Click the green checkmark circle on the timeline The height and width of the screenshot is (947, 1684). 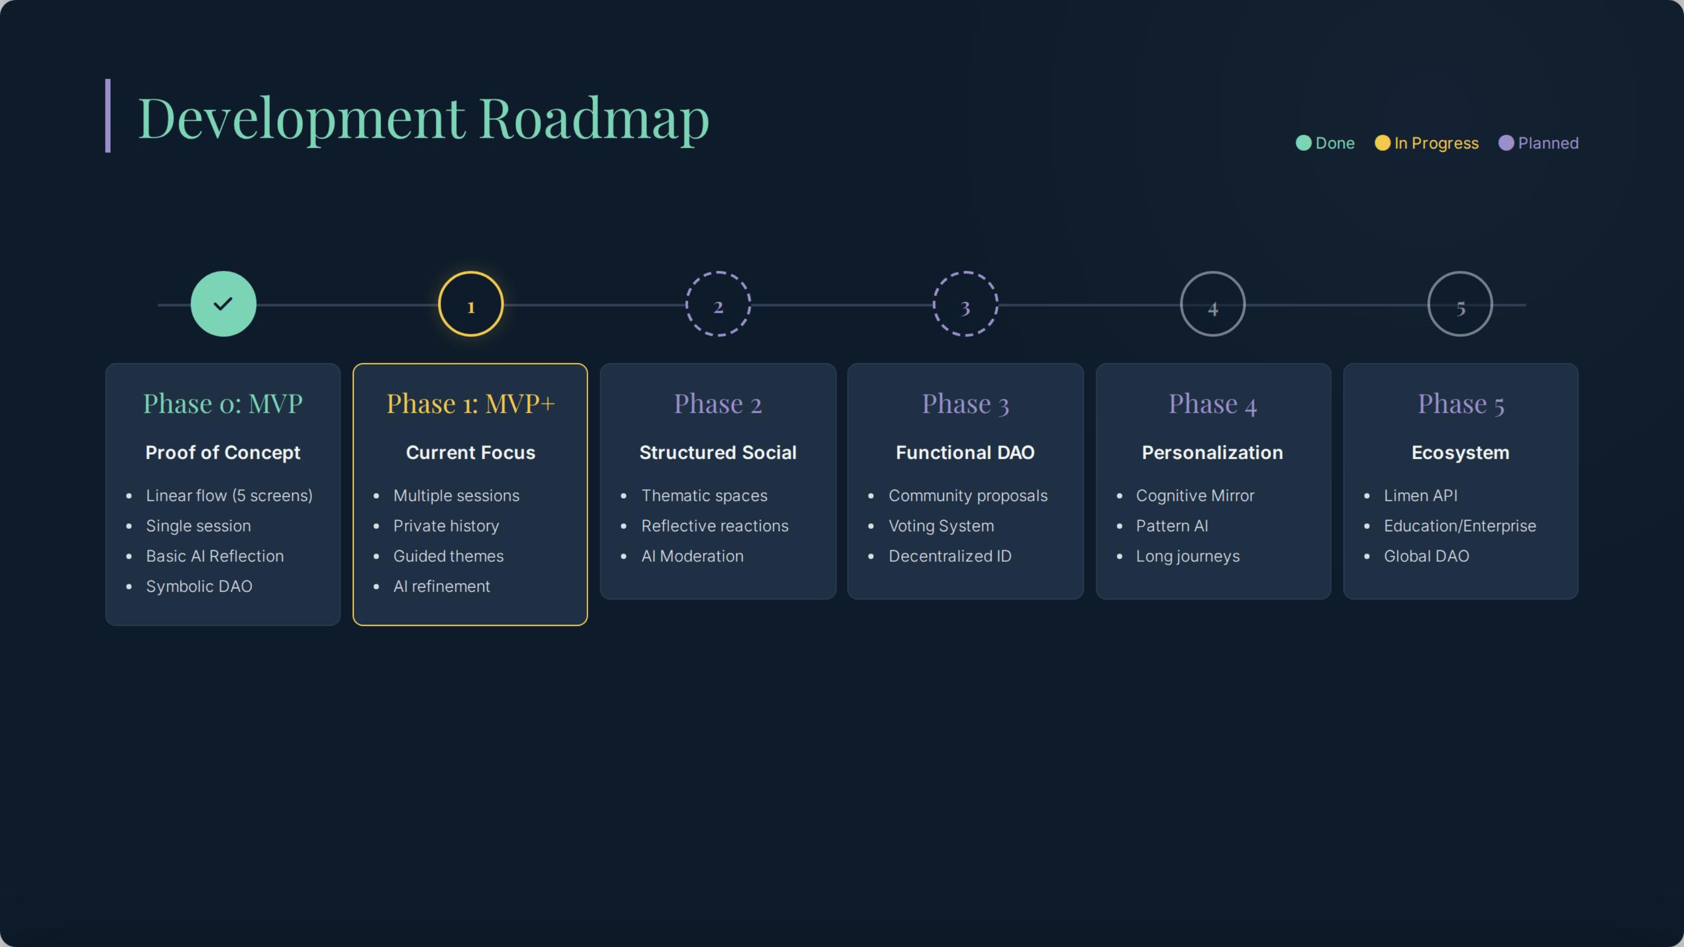click(x=223, y=304)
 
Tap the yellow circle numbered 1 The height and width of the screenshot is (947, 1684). click(x=471, y=304)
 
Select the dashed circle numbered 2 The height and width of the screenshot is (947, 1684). click(x=718, y=304)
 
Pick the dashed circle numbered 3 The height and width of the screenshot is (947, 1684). click(x=965, y=304)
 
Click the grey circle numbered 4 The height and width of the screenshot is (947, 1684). click(x=1213, y=304)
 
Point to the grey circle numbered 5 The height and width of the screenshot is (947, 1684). click(x=1460, y=304)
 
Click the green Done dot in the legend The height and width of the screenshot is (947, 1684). click(x=1304, y=143)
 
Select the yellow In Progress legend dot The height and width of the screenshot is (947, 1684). click(x=1382, y=143)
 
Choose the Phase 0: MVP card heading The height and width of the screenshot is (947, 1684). click(x=223, y=403)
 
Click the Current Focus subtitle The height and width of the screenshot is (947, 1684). click(x=471, y=452)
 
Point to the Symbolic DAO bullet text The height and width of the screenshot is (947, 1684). click(x=199, y=586)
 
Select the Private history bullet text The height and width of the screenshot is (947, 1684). click(x=446, y=526)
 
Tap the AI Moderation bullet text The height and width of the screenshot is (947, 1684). click(x=692, y=556)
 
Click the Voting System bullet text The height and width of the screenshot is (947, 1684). click(x=941, y=526)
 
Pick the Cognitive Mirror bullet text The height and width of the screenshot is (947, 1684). click(x=1195, y=496)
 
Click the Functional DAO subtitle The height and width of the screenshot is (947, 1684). click(x=965, y=452)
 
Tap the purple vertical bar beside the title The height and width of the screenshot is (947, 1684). click(x=108, y=116)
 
